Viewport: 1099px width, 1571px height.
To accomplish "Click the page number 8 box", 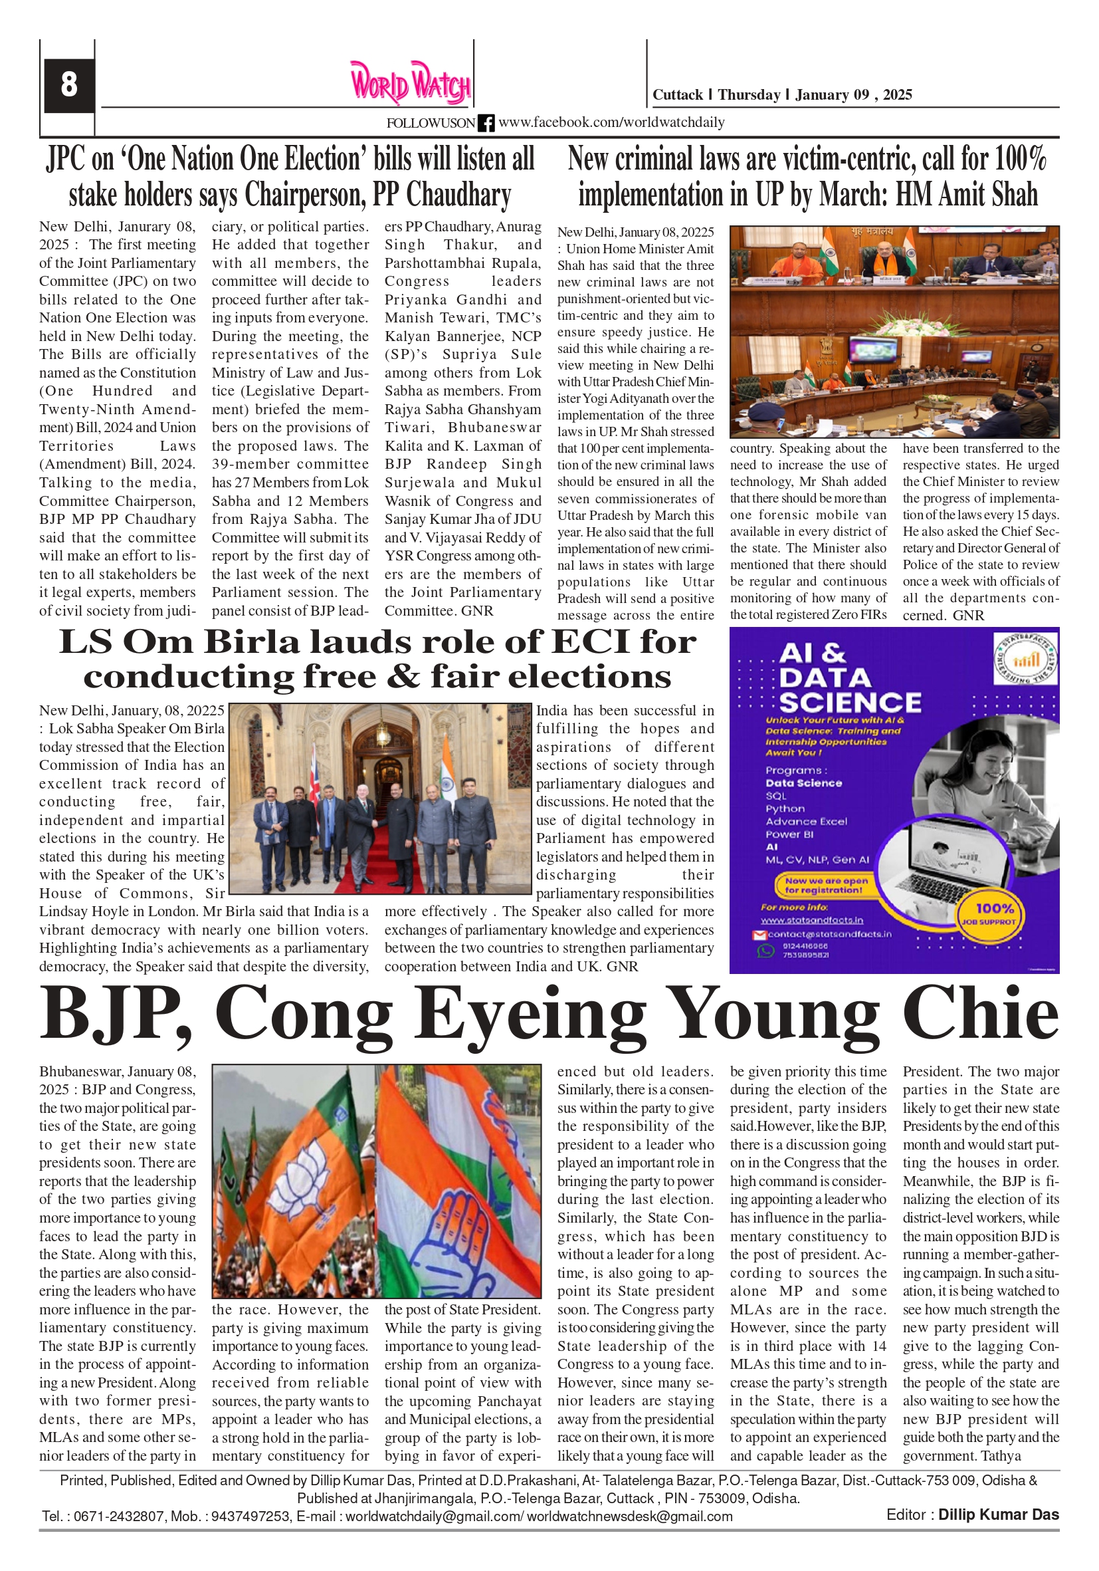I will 68,85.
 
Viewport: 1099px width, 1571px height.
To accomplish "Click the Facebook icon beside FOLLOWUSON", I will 486,123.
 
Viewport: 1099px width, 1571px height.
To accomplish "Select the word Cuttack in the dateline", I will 677,95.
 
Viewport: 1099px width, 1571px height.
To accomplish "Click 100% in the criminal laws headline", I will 1020,160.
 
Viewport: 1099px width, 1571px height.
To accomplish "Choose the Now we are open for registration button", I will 825,886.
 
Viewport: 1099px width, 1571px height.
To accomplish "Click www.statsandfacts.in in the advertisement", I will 811,920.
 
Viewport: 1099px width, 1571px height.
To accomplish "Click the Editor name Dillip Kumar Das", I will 998,1515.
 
